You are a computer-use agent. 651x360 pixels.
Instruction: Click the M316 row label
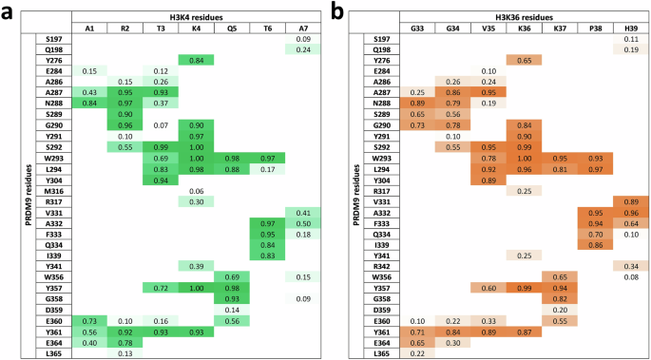(x=52, y=191)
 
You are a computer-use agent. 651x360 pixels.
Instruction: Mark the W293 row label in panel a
(x=52, y=158)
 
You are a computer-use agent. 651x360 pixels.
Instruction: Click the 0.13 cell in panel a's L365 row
(x=124, y=354)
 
